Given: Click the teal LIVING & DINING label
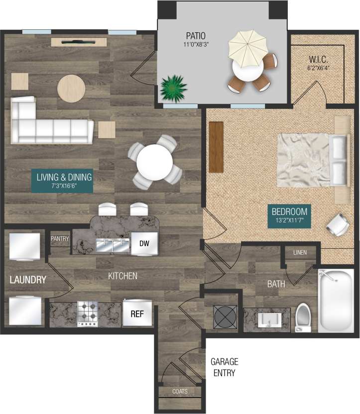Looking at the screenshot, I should coord(62,181).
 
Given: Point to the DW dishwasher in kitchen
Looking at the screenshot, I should coord(144,243).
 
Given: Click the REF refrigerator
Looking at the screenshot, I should coord(137,314).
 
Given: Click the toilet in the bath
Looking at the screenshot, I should coord(303,317).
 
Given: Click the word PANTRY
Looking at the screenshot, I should coord(60,239).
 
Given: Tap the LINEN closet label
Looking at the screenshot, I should coord(300,253).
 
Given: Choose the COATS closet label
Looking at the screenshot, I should coord(180,392).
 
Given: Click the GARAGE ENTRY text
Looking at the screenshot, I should coord(224,367).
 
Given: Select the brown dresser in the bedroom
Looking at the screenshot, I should coord(216,147).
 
